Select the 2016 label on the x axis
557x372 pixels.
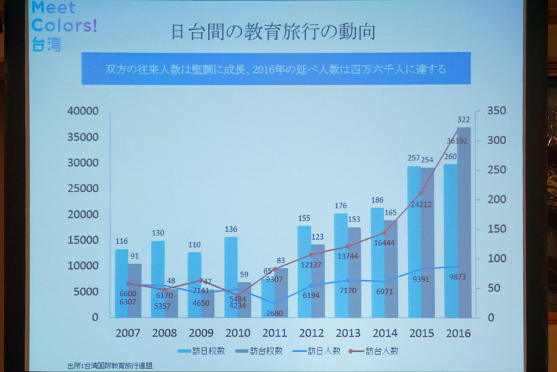457,334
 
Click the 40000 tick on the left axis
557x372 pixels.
83,111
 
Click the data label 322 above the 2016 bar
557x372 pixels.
464,120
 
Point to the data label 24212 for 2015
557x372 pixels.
422,205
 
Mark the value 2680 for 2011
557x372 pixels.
274,312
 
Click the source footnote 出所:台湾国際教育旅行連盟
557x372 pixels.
109,365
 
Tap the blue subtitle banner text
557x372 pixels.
275,70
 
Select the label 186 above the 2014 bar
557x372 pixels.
377,201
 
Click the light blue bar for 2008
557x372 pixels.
158,279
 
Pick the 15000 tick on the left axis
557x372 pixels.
83,240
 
